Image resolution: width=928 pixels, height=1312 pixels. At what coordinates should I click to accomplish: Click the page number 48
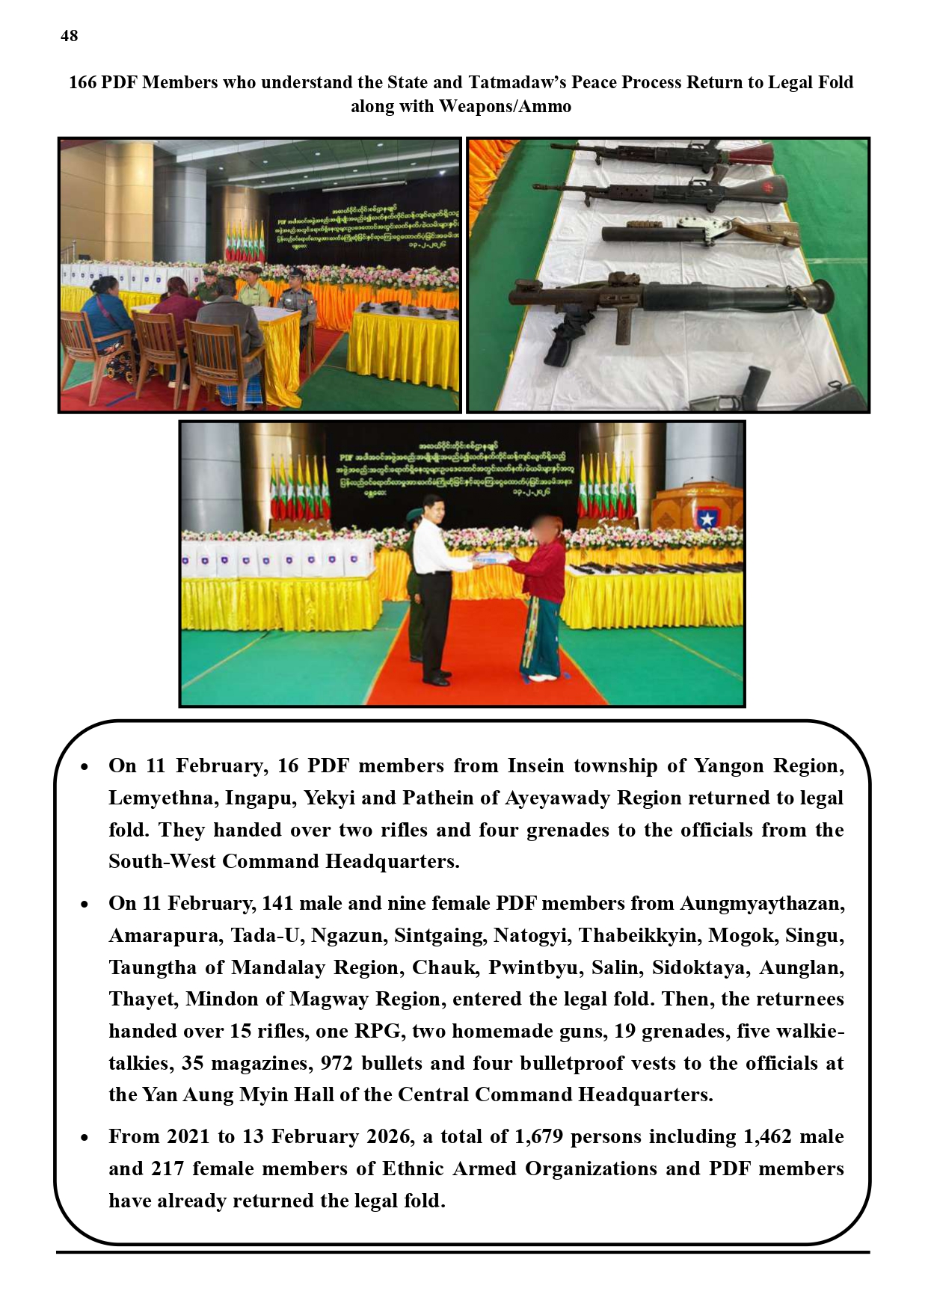(x=69, y=36)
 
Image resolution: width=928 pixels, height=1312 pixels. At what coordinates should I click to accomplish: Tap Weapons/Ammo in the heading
(x=505, y=106)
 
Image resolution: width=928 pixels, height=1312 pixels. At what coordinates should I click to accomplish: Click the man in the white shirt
(x=434, y=583)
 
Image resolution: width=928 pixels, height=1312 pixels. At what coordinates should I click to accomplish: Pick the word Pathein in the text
(x=437, y=798)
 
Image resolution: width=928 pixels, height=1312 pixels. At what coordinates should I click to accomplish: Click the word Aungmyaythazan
(x=761, y=903)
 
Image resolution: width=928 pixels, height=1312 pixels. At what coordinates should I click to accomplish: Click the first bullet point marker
(x=84, y=767)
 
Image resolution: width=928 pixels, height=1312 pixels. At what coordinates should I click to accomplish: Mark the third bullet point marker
(x=84, y=1138)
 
